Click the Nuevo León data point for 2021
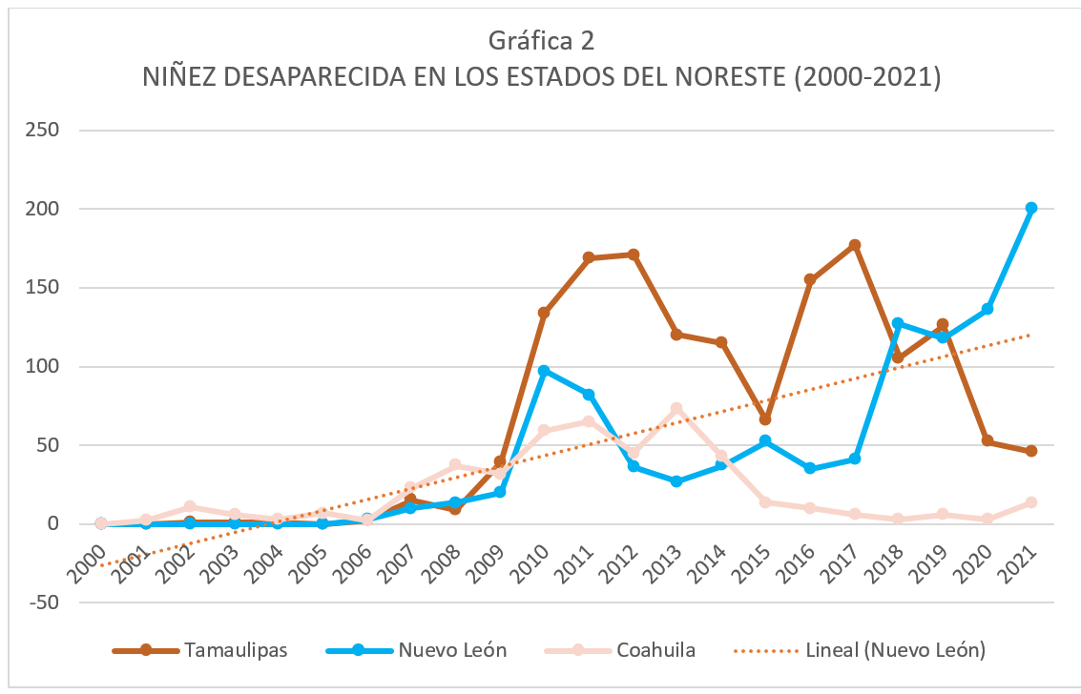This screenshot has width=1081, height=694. coord(1030,208)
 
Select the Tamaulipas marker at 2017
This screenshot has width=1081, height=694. coord(855,245)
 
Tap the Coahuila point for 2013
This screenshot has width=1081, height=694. coord(676,408)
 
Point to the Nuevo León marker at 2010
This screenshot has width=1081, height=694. coord(544,371)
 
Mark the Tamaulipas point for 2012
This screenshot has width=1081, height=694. coord(633,255)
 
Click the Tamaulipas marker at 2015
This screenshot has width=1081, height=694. coord(765,419)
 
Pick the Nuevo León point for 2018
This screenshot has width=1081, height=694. coord(898,323)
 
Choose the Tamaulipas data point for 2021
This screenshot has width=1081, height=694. coord(1030,451)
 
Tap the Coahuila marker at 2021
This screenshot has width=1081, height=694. coord(1030,502)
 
